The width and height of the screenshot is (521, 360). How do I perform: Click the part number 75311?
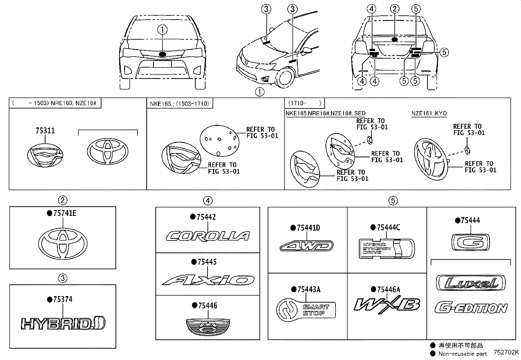[x=45, y=131]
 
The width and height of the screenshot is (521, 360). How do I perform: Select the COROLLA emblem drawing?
[x=208, y=236]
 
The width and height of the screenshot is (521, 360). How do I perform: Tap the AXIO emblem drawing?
[x=208, y=280]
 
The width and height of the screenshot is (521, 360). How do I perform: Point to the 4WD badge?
[x=307, y=246]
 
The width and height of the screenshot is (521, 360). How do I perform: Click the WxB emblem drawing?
[x=386, y=304]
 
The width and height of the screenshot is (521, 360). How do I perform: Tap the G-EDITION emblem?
[x=471, y=308]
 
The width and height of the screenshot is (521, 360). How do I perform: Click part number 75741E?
[x=64, y=214]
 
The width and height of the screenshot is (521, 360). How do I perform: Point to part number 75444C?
[x=388, y=227]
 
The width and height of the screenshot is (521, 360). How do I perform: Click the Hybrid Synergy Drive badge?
[x=386, y=249]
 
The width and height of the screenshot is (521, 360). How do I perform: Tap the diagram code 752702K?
[x=506, y=352]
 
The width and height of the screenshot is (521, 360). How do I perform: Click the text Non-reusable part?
[x=462, y=353]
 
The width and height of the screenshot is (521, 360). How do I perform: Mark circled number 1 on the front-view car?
[x=163, y=30]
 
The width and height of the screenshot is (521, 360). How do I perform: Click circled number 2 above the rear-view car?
[x=395, y=9]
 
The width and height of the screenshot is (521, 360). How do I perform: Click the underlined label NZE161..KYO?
[x=429, y=113]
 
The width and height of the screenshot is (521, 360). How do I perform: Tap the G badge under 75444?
[x=471, y=242]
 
